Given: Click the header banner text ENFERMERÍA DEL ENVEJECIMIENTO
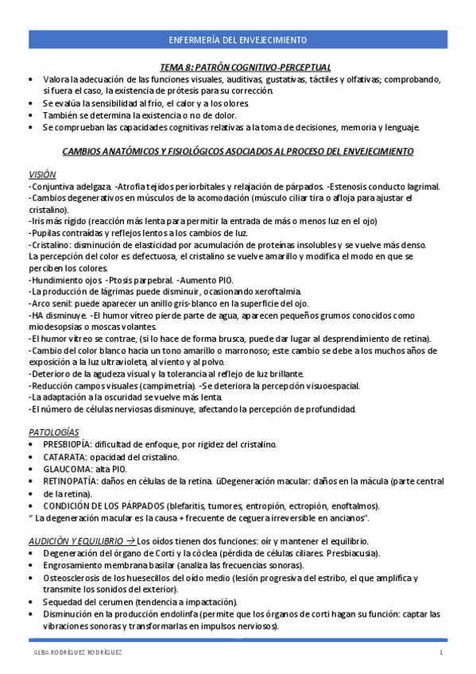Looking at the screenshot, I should coord(238,40).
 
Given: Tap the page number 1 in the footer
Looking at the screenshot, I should coord(440,653).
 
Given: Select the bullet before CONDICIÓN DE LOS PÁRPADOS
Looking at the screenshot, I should coord(31,505).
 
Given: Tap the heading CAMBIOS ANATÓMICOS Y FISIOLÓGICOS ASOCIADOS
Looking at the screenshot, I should coord(238,150).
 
